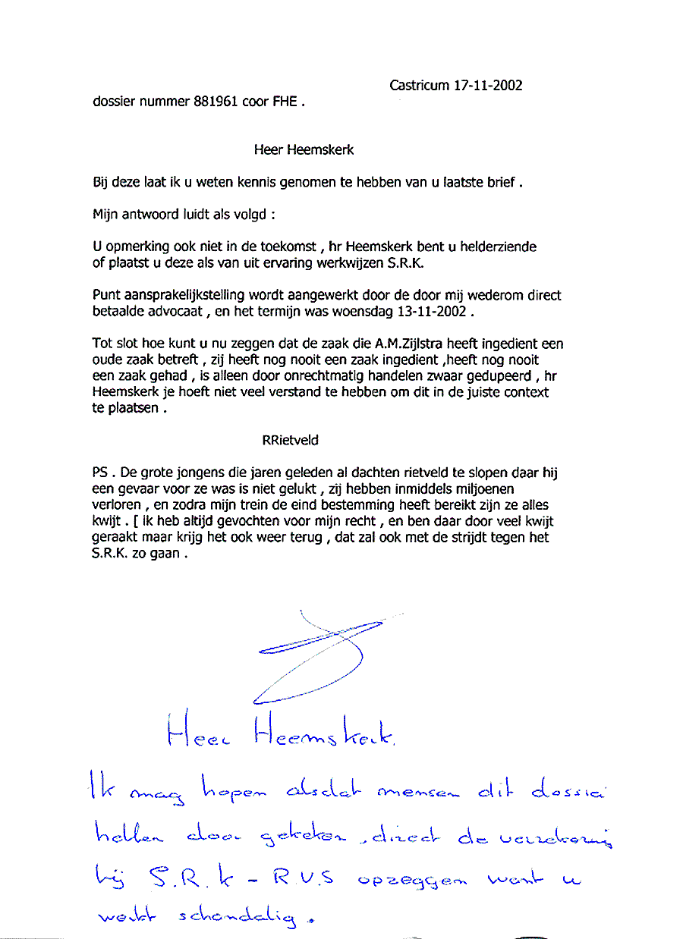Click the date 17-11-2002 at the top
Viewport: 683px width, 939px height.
tap(488, 86)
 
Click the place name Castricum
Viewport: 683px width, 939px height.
tap(420, 86)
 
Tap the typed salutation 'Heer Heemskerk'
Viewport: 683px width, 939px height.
tap(304, 150)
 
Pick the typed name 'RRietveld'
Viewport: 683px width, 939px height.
tap(290, 440)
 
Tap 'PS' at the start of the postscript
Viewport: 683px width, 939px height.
tap(99, 473)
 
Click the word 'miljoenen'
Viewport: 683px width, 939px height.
tap(482, 489)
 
